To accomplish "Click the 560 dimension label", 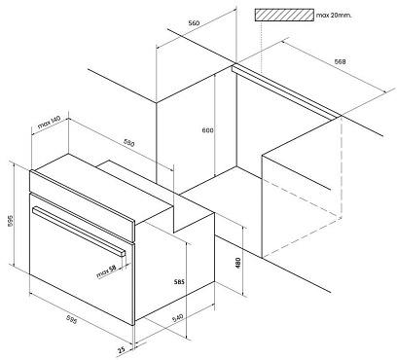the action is (x=194, y=23).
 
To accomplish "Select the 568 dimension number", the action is (x=340, y=61).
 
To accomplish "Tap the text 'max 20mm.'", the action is (x=334, y=15).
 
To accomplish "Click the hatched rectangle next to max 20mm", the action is (x=284, y=15).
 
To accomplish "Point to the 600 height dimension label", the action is (x=208, y=130).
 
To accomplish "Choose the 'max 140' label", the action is (x=50, y=123).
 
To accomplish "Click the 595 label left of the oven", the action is (x=10, y=221).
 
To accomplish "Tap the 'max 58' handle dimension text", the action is (x=106, y=271).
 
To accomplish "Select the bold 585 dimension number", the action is (x=179, y=282).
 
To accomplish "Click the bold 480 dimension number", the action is (x=237, y=263).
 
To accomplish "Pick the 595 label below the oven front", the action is (x=71, y=319).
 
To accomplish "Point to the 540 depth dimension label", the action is (x=177, y=318).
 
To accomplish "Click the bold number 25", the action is (x=121, y=350).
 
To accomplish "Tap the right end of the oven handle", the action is (x=123, y=253).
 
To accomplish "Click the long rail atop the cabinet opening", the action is (x=286, y=90).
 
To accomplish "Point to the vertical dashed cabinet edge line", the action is (x=342, y=167).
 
